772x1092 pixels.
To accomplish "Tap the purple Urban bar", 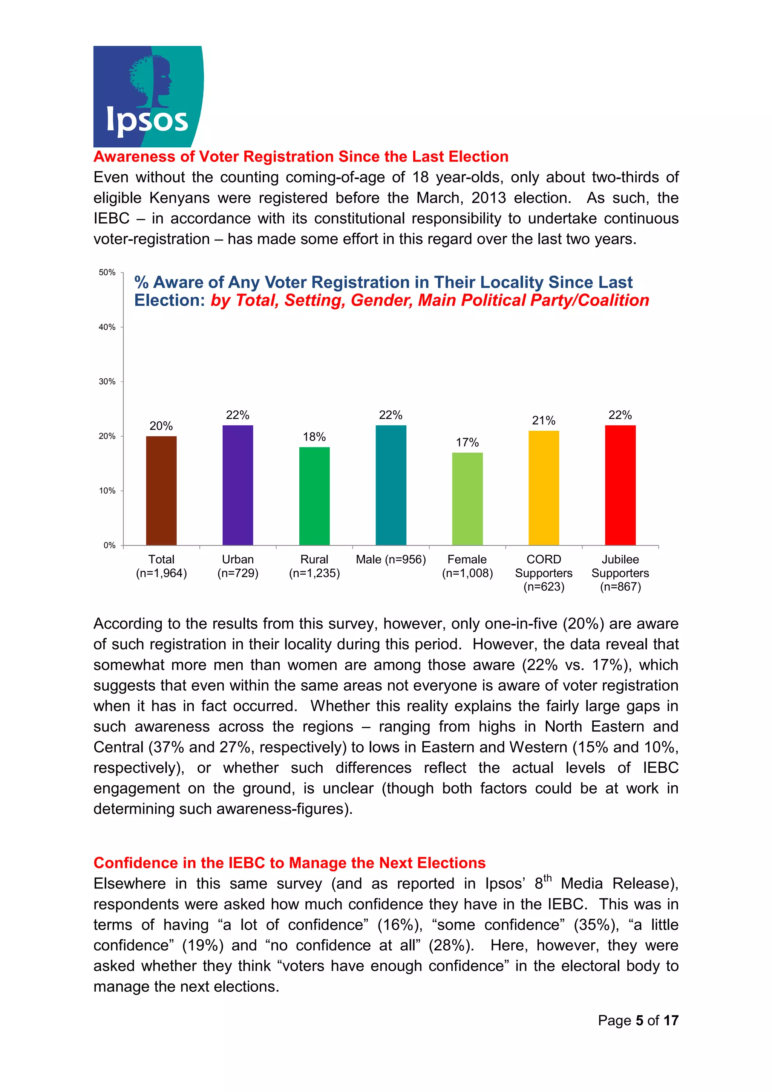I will [238, 485].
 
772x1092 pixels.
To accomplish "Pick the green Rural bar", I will [314, 496].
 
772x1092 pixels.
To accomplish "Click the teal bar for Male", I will [391, 485].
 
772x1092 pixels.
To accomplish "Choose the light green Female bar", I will [467, 499].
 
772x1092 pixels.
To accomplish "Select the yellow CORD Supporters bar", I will [544, 488].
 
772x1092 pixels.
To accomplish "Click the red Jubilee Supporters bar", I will [620, 485].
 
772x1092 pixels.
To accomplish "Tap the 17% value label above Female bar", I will [467, 443].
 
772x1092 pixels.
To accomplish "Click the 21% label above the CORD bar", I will [544, 421].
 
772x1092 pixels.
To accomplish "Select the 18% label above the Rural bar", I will [314, 437].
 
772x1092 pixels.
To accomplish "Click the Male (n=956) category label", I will [391, 560].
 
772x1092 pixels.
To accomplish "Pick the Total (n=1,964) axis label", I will [161, 566].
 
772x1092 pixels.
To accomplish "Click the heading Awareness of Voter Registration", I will [300, 156].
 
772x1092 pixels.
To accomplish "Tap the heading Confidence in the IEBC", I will [289, 863].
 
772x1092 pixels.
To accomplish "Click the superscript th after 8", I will [547, 878].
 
